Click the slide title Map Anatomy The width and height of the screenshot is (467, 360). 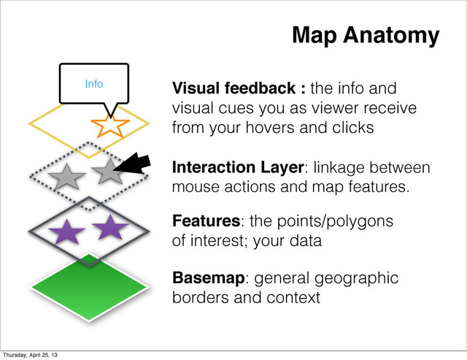tap(365, 34)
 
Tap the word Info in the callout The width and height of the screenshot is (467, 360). tap(93, 84)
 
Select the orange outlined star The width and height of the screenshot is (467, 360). tap(111, 125)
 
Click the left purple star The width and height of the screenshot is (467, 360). tap(66, 233)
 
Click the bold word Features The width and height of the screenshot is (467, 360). tap(206, 221)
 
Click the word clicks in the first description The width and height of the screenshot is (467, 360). tap(354, 128)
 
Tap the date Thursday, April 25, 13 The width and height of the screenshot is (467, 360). tap(31, 355)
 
